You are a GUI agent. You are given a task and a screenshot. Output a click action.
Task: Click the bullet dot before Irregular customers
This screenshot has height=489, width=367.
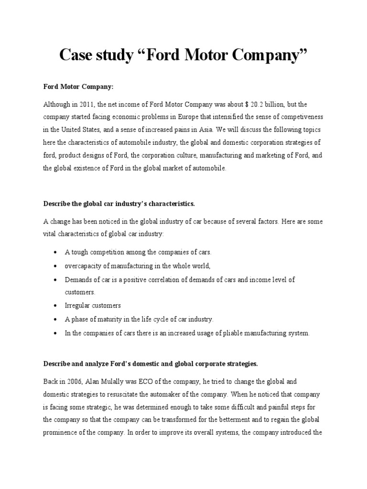pos(57,305)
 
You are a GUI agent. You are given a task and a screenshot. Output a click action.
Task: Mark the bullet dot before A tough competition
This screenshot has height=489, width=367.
pos(57,252)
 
